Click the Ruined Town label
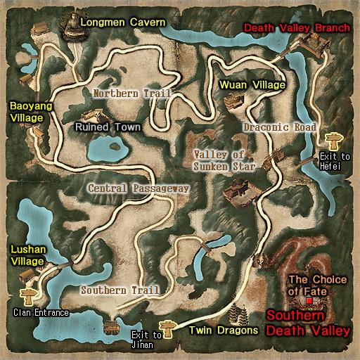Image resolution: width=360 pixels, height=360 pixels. tap(108, 127)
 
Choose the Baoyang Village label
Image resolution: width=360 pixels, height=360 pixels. tap(25, 112)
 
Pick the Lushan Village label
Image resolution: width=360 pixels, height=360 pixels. tap(26, 255)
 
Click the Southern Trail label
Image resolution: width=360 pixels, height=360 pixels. tap(115, 290)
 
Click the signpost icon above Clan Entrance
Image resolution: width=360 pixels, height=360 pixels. tap(29, 293)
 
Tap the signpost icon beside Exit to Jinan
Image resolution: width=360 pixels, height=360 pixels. tap(167, 326)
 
